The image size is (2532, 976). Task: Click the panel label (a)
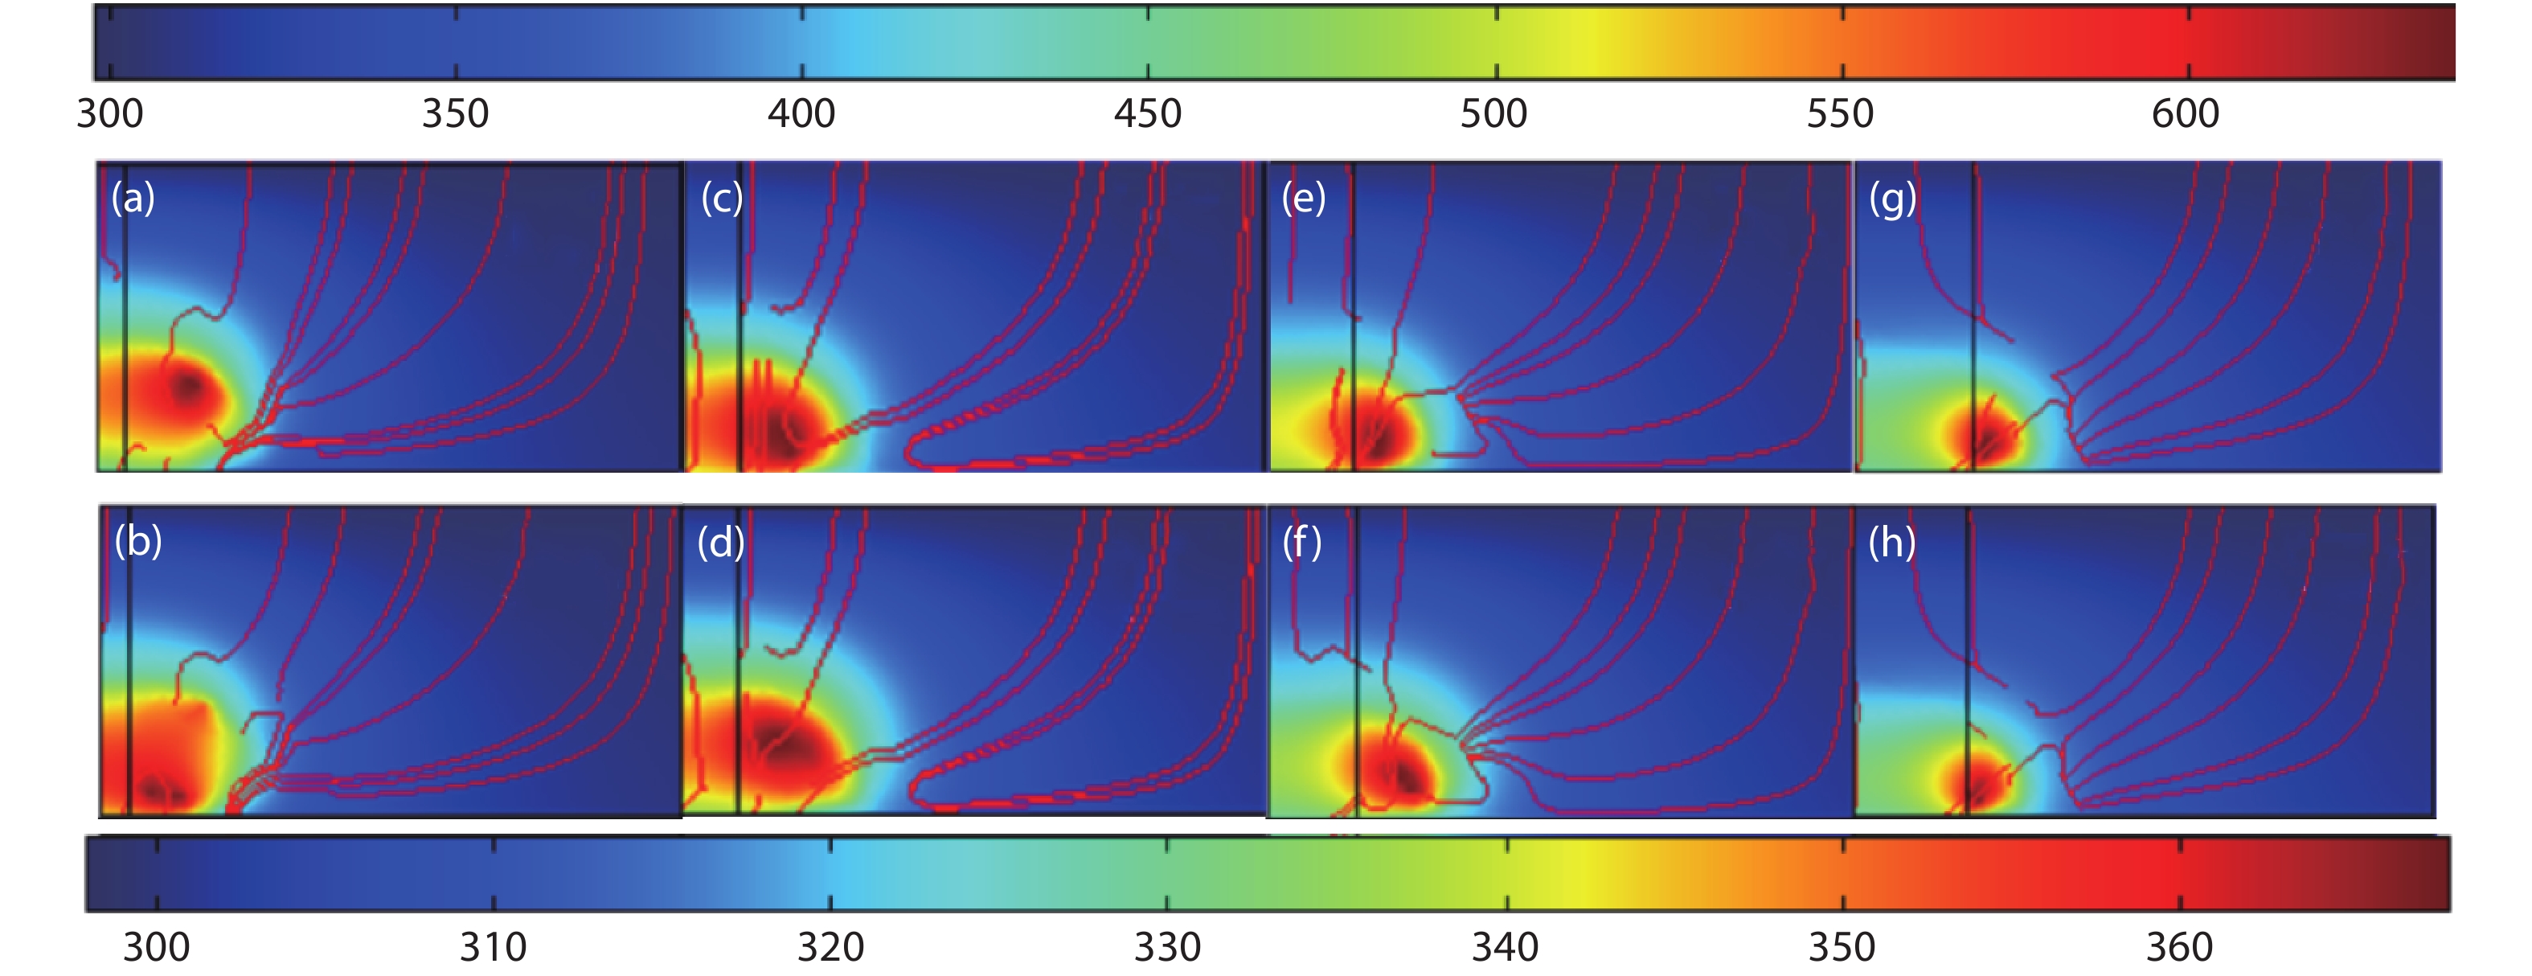click(x=133, y=198)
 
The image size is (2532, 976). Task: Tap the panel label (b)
click(x=137, y=540)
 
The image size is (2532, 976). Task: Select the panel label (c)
click(x=722, y=198)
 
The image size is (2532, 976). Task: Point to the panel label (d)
click(x=720, y=542)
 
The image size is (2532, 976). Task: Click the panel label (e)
click(x=1303, y=198)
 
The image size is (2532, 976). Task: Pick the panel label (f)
click(x=1301, y=542)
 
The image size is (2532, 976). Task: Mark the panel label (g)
click(x=1892, y=199)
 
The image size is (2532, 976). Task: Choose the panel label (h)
click(x=1892, y=542)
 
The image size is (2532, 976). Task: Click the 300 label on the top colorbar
click(x=110, y=114)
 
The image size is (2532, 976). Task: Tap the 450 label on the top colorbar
click(x=1147, y=114)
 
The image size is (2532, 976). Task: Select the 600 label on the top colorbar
click(x=2185, y=114)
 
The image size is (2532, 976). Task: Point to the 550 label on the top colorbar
click(x=1840, y=114)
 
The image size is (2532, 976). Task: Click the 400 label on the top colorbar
click(x=801, y=114)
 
